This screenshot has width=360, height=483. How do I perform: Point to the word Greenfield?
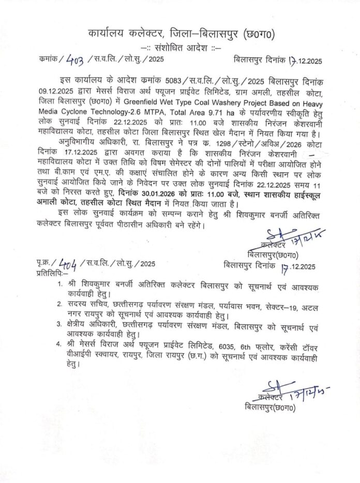(x=141, y=102)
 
